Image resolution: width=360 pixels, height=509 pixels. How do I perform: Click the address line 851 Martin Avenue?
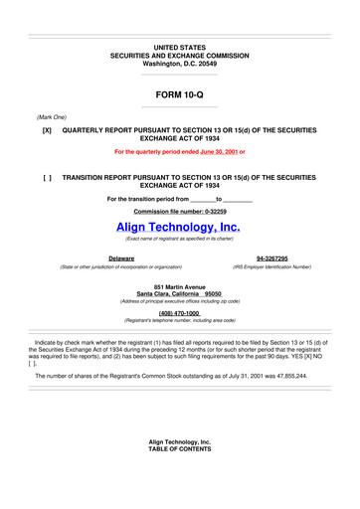(x=179, y=288)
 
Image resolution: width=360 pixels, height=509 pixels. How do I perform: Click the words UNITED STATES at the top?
(x=179, y=47)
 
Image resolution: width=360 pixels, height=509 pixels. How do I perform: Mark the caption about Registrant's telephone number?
(x=179, y=321)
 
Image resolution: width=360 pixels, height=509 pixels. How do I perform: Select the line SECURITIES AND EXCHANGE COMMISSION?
(x=179, y=55)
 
